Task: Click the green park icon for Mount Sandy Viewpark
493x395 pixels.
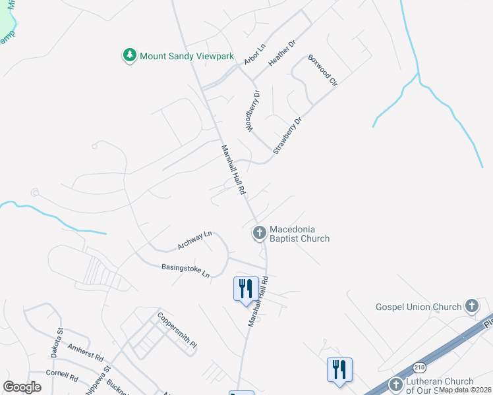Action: pyautogui.click(x=130, y=55)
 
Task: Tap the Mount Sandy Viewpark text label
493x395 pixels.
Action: pyautogui.click(x=187, y=56)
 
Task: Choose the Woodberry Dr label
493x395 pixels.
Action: pyautogui.click(x=253, y=110)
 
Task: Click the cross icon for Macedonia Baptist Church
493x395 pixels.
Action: pyautogui.click(x=259, y=232)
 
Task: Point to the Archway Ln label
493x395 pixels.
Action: pyautogui.click(x=194, y=240)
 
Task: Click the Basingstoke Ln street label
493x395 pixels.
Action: pyautogui.click(x=185, y=270)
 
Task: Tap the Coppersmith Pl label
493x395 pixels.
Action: pyautogui.click(x=177, y=330)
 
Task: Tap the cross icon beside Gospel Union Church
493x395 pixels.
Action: pyautogui.click(x=471, y=305)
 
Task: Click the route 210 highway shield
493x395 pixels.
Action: pyautogui.click(x=421, y=367)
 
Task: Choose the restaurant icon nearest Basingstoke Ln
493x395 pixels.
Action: pyautogui.click(x=246, y=288)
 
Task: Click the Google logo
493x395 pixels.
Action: pyautogui.click(x=22, y=387)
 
